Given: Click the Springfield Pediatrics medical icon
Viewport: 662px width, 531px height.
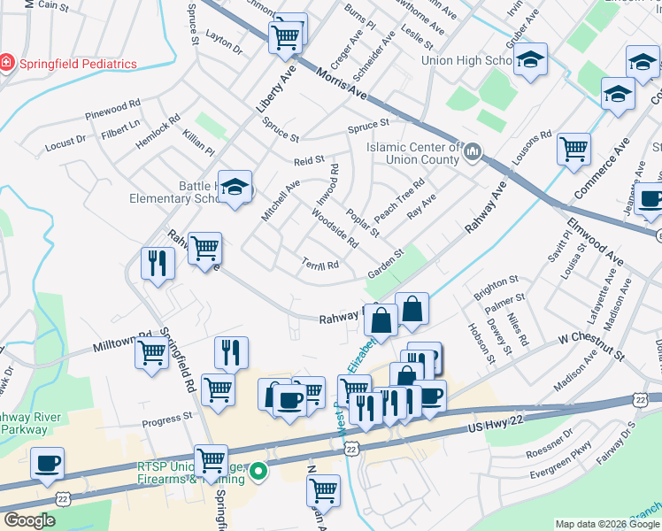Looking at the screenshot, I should [7, 63].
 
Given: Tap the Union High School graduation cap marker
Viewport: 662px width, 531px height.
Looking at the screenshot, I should [531, 61].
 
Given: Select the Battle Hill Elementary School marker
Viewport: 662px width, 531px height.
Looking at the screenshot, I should [235, 188].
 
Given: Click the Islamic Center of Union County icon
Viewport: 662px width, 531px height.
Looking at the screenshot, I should [472, 153].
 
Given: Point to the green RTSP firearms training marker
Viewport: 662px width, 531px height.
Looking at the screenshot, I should [258, 471].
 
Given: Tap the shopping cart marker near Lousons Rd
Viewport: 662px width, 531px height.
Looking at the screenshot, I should [574, 148].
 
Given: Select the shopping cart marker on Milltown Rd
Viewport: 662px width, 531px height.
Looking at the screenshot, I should [151, 353].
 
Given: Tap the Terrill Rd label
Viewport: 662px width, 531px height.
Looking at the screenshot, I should [320, 264].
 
